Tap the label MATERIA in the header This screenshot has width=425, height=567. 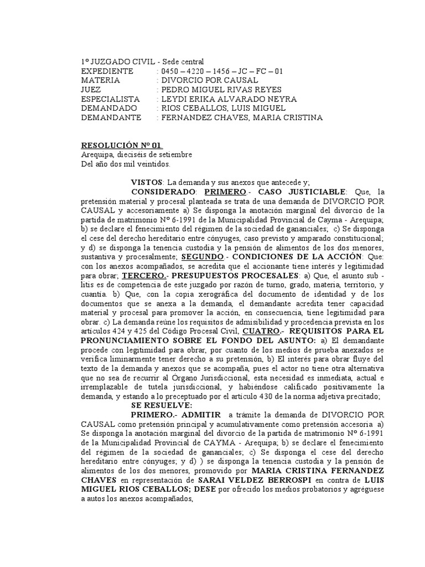pos(100,80)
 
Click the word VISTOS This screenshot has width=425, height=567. pos(147,182)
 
